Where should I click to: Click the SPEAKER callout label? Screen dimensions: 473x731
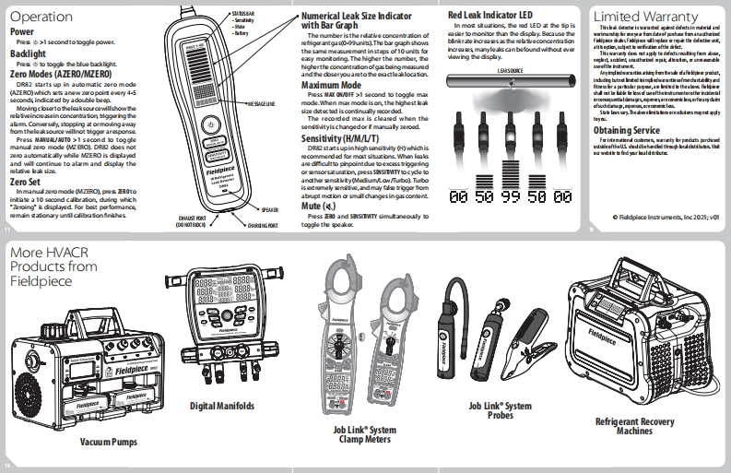tap(269, 209)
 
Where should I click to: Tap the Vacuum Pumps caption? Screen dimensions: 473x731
tap(108, 442)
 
